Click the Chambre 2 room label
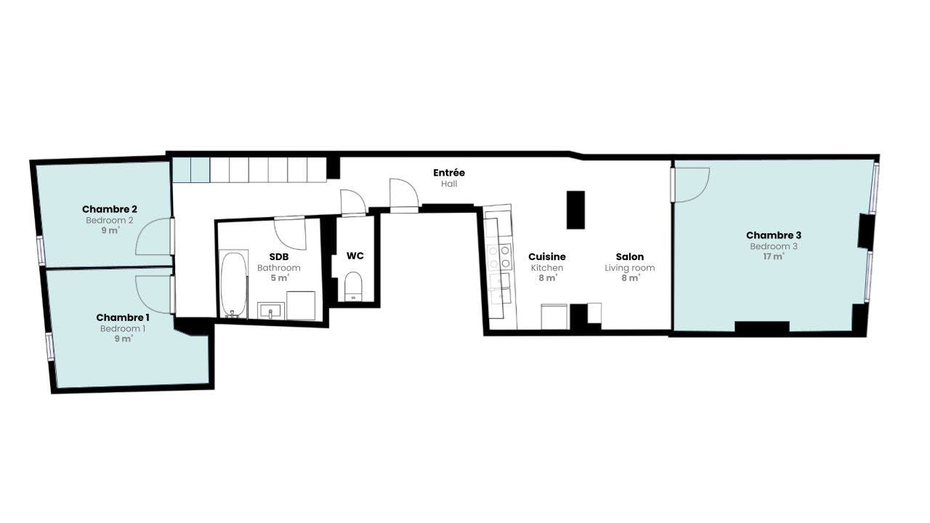(110, 209)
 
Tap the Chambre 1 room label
(123, 317)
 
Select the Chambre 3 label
(774, 235)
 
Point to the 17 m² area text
(774, 256)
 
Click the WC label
(355, 256)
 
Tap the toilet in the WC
(353, 286)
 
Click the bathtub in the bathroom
(233, 284)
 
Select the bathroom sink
(271, 311)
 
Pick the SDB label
(278, 257)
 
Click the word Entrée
(449, 173)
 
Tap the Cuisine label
(547, 257)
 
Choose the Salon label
(629, 257)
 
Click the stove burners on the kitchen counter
(499, 257)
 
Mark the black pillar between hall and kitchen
(576, 210)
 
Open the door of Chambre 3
(690, 185)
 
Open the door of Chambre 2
(153, 236)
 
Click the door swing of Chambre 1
(153, 294)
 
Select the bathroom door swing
(290, 234)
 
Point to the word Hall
(449, 184)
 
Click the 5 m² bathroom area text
(280, 277)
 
